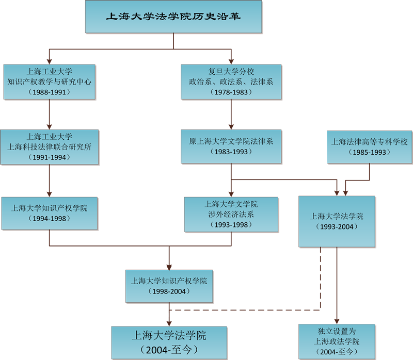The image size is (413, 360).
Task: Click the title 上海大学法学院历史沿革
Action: click(173, 17)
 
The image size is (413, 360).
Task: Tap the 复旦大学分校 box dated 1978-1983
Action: click(231, 81)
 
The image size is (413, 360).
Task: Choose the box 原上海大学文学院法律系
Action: click(231, 146)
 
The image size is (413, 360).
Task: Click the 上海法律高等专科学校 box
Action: click(370, 146)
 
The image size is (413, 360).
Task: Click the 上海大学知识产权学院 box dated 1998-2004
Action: click(169, 286)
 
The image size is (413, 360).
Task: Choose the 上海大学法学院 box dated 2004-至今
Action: click(169, 342)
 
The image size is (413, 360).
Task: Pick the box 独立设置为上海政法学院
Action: click(337, 341)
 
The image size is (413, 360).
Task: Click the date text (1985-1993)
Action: click(370, 152)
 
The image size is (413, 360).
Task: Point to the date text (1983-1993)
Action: click(231, 152)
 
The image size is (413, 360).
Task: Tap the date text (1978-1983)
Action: click(231, 92)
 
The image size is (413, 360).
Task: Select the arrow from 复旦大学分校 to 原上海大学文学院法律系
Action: click(231, 114)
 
